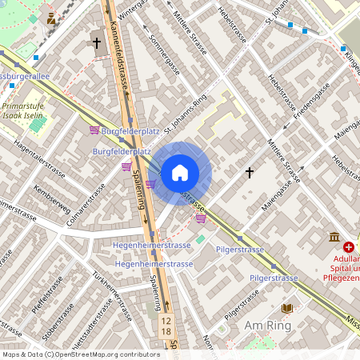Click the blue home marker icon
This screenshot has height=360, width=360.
pos(180,173)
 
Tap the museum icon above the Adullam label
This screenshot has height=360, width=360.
pos(334,236)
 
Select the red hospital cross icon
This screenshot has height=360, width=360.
pos(349,248)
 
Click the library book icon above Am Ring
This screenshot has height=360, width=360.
pos(287,308)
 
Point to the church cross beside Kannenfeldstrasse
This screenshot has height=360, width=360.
pos(97,42)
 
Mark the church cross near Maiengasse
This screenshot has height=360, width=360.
pos(249,172)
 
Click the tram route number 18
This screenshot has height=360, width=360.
pos(166,330)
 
